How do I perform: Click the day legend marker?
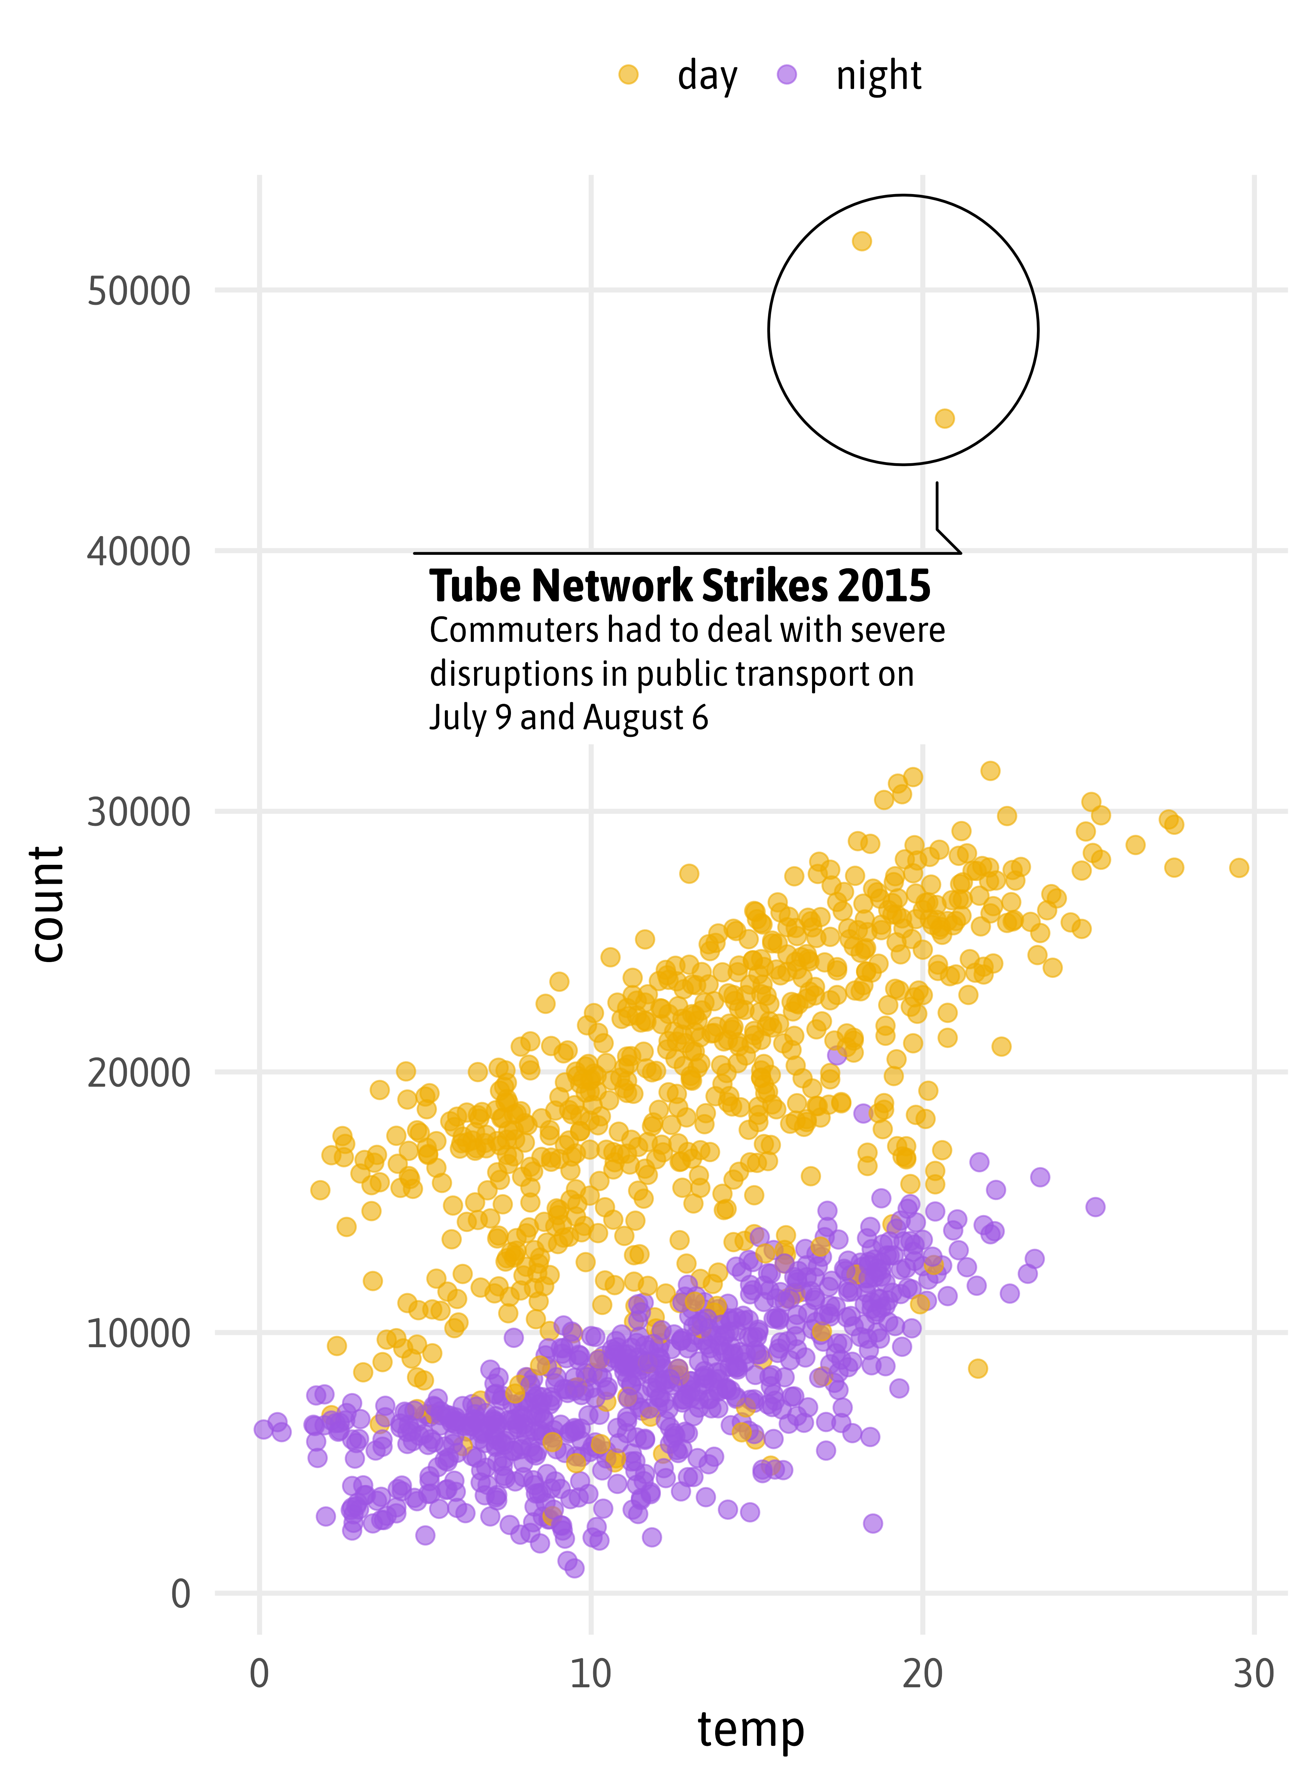point(628,75)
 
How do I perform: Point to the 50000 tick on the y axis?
point(139,291)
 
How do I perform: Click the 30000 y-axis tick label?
point(139,812)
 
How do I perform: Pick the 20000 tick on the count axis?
point(139,1073)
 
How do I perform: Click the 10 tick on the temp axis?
point(591,1673)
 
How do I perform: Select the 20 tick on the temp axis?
point(923,1673)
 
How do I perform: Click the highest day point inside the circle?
point(861,241)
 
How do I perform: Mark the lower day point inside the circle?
point(944,418)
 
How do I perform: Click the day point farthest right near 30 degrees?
point(1239,867)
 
